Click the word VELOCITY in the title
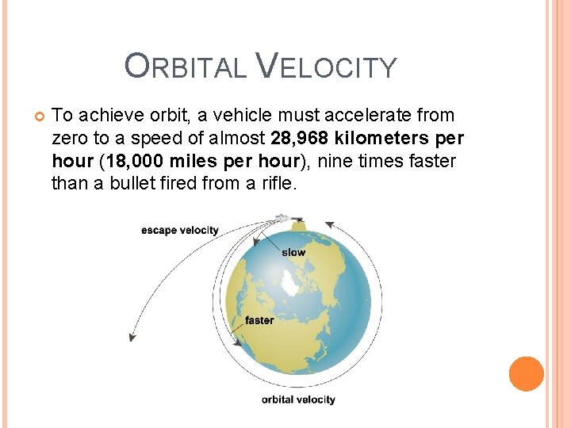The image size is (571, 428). click(x=327, y=67)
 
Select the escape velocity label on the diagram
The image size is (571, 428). click(x=179, y=231)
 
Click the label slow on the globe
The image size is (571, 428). click(x=293, y=252)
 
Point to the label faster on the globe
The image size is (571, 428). click(x=259, y=320)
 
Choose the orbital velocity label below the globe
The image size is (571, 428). click(x=298, y=399)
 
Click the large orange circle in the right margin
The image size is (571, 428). click(x=527, y=374)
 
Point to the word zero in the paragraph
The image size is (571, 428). click(x=70, y=139)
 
